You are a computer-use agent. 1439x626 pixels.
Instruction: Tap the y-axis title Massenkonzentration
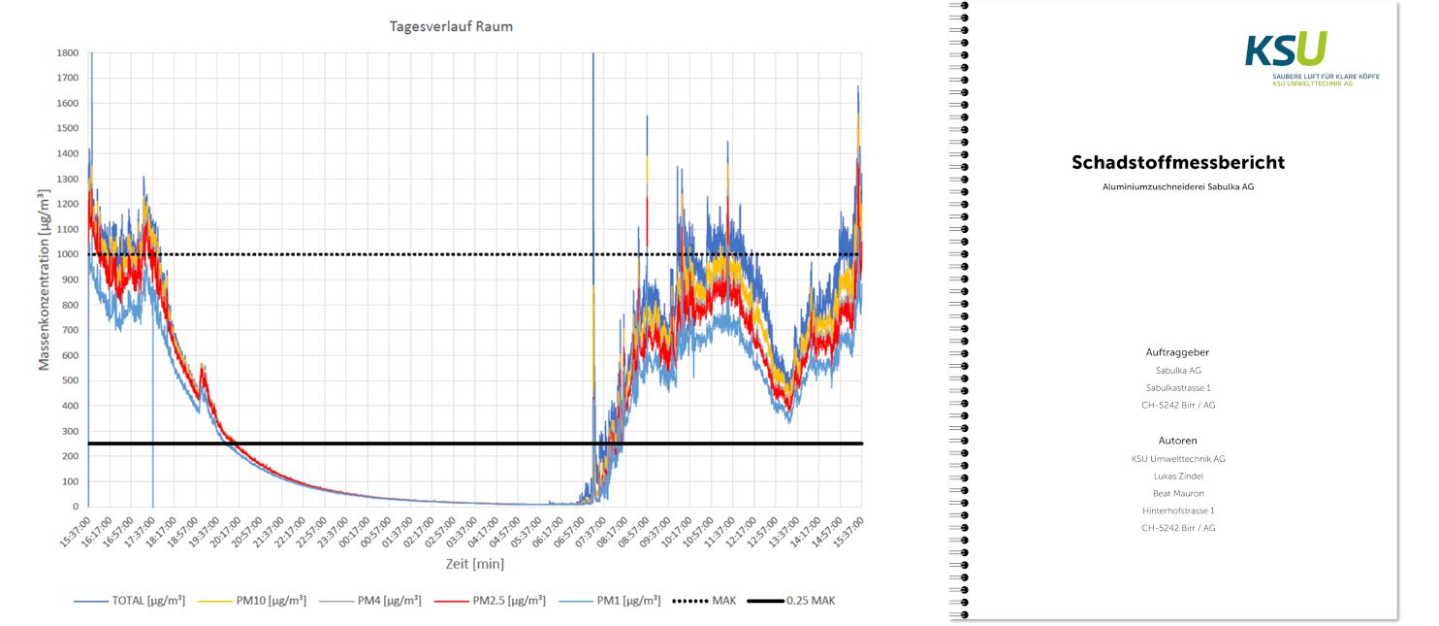point(44,280)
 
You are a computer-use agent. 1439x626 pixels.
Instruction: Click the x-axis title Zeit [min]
point(474,564)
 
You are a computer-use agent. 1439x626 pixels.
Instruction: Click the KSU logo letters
point(1286,49)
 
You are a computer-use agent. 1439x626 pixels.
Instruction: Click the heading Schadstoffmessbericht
point(1178,163)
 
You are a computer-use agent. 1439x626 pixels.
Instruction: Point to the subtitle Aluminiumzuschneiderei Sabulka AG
point(1178,186)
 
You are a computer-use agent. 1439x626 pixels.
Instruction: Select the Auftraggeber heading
point(1178,352)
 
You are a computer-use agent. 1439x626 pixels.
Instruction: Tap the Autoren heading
point(1178,441)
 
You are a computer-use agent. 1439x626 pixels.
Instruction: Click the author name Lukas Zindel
point(1178,476)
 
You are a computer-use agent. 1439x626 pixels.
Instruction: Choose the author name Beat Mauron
point(1178,493)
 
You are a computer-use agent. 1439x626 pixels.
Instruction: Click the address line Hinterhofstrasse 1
point(1178,511)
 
